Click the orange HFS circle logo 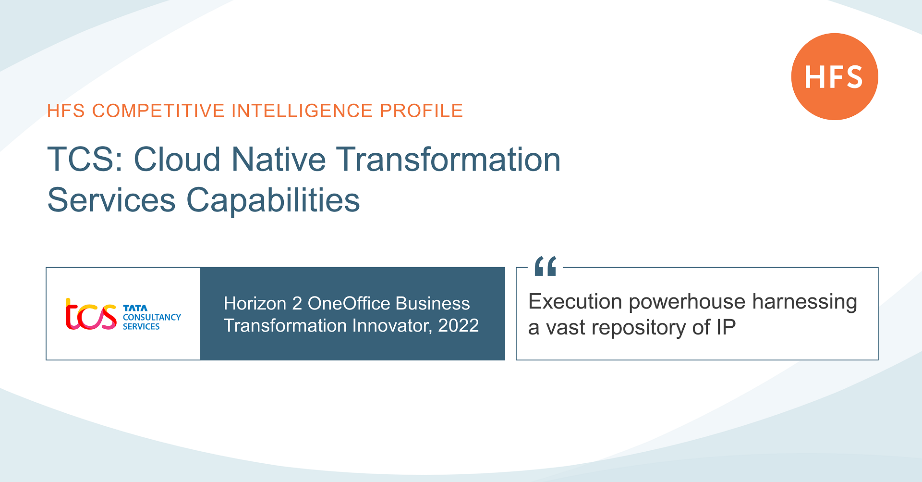click(x=834, y=76)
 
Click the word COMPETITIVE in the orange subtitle click(x=158, y=111)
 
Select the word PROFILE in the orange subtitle click(x=421, y=111)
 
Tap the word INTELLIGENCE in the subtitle click(x=302, y=111)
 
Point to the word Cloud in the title click(x=177, y=160)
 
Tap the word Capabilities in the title click(x=273, y=200)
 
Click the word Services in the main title click(x=111, y=200)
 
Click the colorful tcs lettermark click(x=91, y=315)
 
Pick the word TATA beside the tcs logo click(x=135, y=308)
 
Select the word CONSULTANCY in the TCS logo click(x=152, y=317)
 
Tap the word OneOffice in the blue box click(x=349, y=304)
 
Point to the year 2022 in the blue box click(x=458, y=326)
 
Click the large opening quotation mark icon click(x=546, y=266)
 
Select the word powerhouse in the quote click(x=687, y=302)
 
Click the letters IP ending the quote click(x=726, y=328)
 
